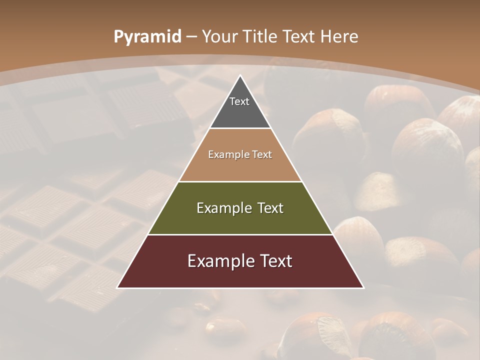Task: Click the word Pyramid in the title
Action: point(147,37)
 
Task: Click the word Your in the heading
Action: point(220,37)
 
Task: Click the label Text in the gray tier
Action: point(239,101)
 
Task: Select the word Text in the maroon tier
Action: point(272,261)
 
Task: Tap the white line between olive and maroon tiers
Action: point(240,234)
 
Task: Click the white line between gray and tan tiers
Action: point(240,128)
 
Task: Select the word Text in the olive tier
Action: point(267,208)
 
